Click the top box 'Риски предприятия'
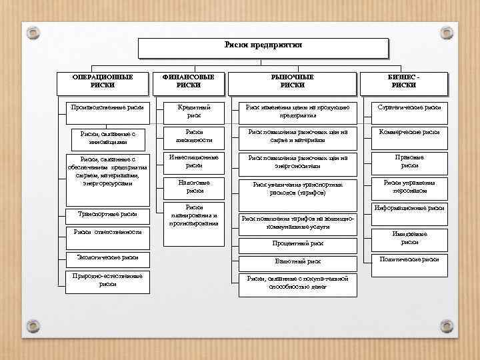pos(263,47)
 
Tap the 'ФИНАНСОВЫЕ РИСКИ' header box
pos(188,81)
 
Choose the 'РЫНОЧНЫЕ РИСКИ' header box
pos(292,81)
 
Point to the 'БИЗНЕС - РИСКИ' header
pos(404,81)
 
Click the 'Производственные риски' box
pos(107,107)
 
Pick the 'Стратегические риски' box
pos(409,107)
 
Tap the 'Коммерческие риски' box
pos(409,132)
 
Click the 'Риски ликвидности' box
pos(194,136)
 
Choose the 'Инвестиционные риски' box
pos(194,161)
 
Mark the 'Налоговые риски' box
pos(194,187)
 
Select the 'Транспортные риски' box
pos(107,215)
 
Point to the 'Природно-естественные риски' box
pos(107,280)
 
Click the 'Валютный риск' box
pos(298,262)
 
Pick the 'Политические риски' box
pos(409,259)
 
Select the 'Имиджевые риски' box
pos(409,238)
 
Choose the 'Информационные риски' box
pos(409,209)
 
